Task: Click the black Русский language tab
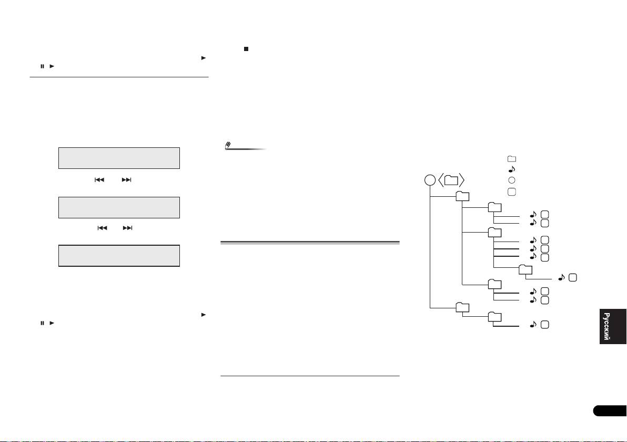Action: click(x=613, y=326)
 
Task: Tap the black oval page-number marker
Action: click(x=610, y=411)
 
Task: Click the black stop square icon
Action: click(x=246, y=49)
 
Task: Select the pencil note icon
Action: click(x=228, y=146)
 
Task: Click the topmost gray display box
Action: click(x=119, y=158)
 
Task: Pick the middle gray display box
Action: click(x=119, y=208)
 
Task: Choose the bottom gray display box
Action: click(x=119, y=256)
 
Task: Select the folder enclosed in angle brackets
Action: click(x=451, y=180)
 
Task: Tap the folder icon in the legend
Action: click(x=512, y=159)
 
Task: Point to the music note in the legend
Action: click(x=512, y=169)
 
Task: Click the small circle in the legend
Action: click(x=512, y=180)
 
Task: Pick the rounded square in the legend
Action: click(x=512, y=192)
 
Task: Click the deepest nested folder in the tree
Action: click(x=525, y=269)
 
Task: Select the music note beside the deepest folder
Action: click(x=561, y=277)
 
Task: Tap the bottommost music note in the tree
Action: click(x=533, y=325)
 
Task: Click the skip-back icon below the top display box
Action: click(x=99, y=180)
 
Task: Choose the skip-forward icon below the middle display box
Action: click(x=128, y=228)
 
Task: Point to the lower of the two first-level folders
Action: click(x=463, y=307)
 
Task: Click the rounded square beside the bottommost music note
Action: click(x=544, y=325)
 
